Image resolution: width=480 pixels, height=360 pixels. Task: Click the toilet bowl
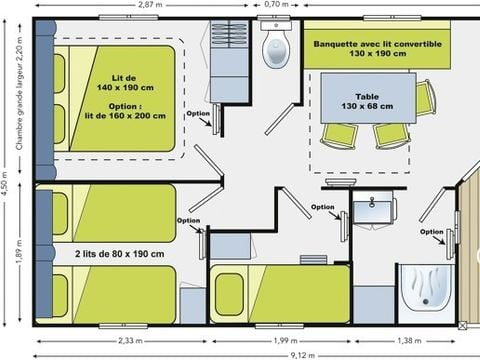click(276, 49)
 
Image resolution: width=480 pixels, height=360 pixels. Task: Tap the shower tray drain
click(425, 301)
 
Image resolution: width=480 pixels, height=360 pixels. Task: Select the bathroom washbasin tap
click(372, 202)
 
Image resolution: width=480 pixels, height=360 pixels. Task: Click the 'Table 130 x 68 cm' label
click(367, 101)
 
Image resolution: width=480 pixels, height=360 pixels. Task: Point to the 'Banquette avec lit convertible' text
click(378, 44)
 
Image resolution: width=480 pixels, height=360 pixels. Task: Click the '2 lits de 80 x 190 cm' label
click(120, 254)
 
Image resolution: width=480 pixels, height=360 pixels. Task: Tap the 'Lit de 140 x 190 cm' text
click(125, 83)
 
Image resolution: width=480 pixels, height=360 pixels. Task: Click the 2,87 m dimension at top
click(150, 5)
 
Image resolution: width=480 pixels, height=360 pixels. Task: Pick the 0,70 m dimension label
click(276, 4)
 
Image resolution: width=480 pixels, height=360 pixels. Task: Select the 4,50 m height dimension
click(4, 183)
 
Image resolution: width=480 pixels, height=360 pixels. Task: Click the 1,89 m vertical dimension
click(19, 251)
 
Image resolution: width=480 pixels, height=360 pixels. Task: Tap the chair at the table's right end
click(426, 97)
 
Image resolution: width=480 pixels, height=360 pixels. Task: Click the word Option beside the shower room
click(432, 232)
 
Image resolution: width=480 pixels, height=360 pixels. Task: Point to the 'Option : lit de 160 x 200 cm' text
click(125, 111)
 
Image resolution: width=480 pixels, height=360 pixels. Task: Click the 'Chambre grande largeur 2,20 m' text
click(20, 93)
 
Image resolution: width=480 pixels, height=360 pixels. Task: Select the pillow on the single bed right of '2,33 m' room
click(229, 294)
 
